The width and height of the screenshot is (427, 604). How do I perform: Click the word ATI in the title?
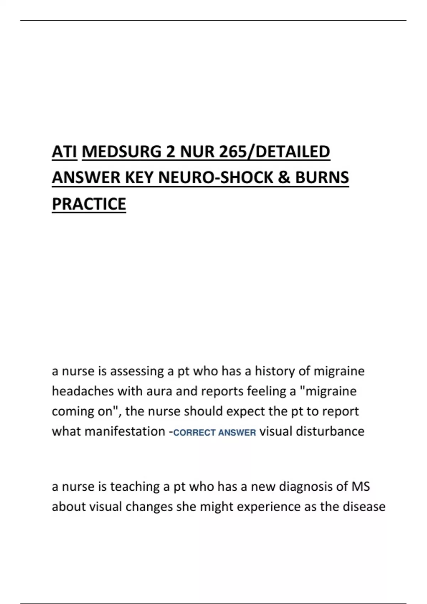(x=64, y=152)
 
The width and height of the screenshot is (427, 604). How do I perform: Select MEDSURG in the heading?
(x=121, y=152)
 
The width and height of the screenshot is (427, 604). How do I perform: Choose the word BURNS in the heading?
(x=322, y=178)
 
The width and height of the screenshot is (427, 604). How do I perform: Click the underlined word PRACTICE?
(x=89, y=204)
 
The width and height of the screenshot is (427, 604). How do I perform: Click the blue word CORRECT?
(x=194, y=433)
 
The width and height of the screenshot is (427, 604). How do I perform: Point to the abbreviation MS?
(x=360, y=486)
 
